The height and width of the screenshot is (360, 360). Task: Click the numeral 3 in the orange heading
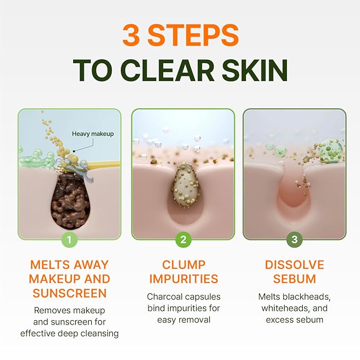133,35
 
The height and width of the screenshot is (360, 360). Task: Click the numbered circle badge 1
69,239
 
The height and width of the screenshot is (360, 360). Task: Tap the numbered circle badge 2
183,239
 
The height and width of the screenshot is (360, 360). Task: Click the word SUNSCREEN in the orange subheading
69,293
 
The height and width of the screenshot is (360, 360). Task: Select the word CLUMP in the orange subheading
183,265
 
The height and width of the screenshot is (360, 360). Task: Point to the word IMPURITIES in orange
183,279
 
